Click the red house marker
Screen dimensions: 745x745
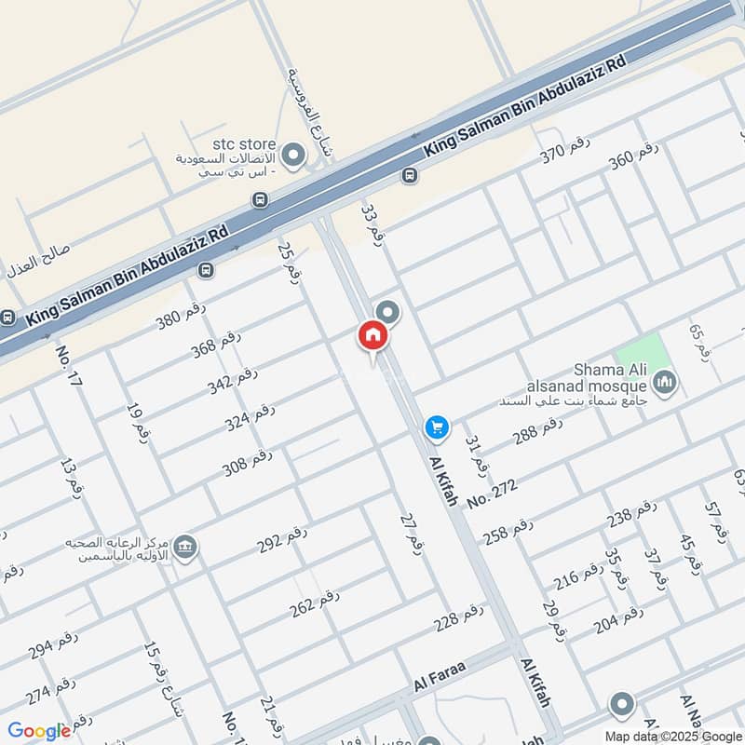point(372,336)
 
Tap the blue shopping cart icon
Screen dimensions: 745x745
point(437,427)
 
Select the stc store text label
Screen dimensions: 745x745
point(244,144)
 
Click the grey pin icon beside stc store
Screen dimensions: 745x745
point(294,156)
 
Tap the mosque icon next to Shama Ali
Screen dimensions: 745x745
point(665,381)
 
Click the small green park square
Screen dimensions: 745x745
point(655,354)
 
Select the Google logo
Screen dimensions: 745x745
point(39,731)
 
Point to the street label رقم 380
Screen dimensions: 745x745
point(180,318)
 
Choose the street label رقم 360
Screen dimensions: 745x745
point(634,157)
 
